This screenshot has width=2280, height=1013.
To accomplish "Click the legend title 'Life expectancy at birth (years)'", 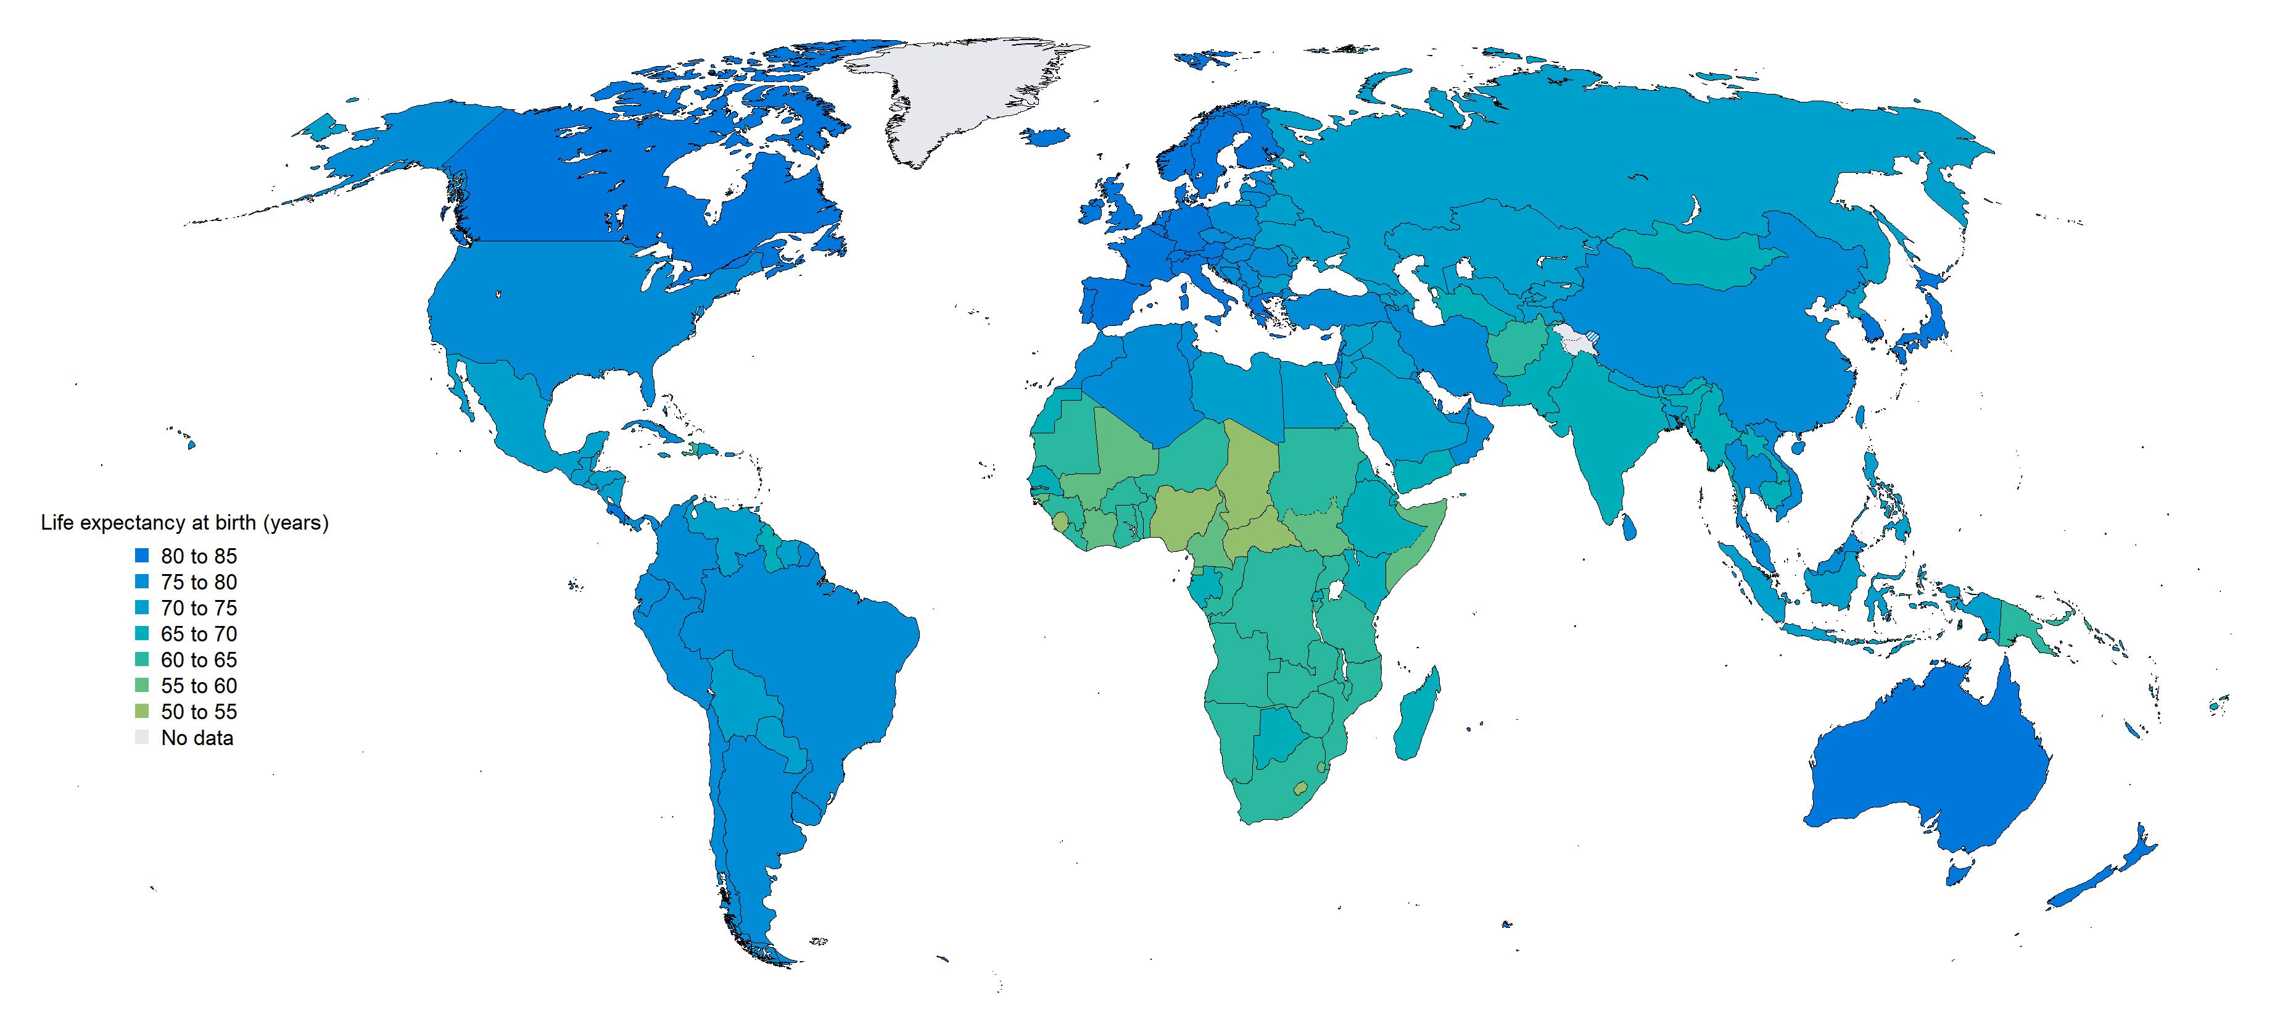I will click(184, 523).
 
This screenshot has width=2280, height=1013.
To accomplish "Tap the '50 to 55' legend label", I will click(198, 712).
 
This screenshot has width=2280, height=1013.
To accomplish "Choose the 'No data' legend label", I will click(197, 738).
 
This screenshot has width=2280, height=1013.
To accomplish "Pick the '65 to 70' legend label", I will click(198, 634).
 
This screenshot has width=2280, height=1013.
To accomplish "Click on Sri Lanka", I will click(1629, 526).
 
